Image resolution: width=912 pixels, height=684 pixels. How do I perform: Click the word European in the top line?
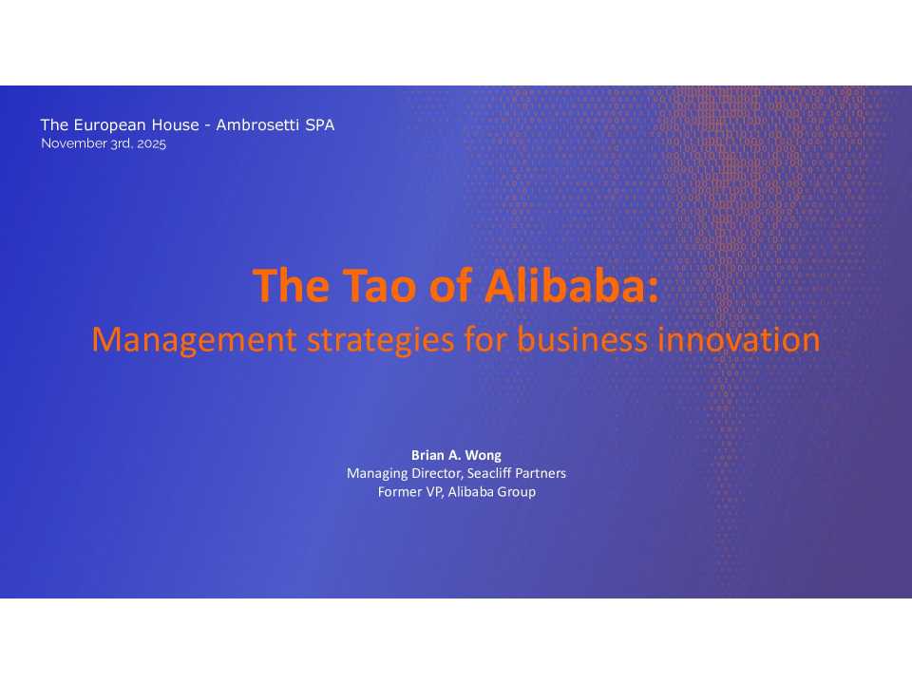(107, 125)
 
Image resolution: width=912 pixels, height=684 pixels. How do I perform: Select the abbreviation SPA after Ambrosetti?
(319, 125)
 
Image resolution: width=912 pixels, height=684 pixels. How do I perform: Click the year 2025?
(152, 144)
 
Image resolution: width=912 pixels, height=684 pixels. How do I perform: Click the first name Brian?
(427, 455)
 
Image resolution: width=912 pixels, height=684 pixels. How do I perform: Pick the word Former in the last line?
(399, 491)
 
